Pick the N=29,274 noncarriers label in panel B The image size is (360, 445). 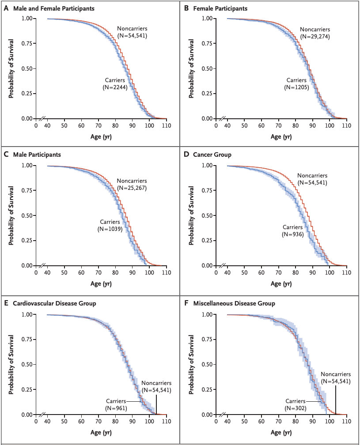pos(315,35)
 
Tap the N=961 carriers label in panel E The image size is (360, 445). pos(117,408)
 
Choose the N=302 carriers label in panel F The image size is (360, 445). pos(296,408)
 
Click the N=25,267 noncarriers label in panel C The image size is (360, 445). pos(132,188)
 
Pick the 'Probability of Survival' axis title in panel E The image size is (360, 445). pos(11,364)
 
